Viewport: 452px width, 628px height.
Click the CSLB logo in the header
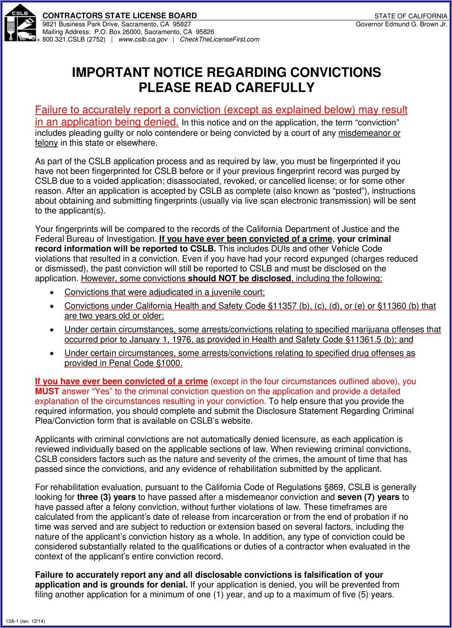click(x=21, y=23)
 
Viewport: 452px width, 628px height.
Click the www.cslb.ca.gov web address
click(x=143, y=40)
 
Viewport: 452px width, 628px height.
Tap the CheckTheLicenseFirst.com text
click(x=219, y=40)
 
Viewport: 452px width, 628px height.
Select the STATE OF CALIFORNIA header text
click(x=411, y=16)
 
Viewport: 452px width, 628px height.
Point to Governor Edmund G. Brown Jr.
click(x=401, y=24)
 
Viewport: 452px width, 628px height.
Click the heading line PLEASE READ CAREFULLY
click(x=226, y=87)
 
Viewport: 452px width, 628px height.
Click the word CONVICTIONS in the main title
click(x=335, y=73)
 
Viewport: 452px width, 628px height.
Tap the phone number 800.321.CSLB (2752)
click(x=74, y=40)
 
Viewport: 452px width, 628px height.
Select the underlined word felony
click(x=46, y=143)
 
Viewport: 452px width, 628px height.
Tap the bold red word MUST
click(x=47, y=391)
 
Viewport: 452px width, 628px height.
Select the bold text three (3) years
click(x=106, y=497)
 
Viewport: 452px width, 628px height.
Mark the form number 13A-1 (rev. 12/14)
click(x=25, y=621)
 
